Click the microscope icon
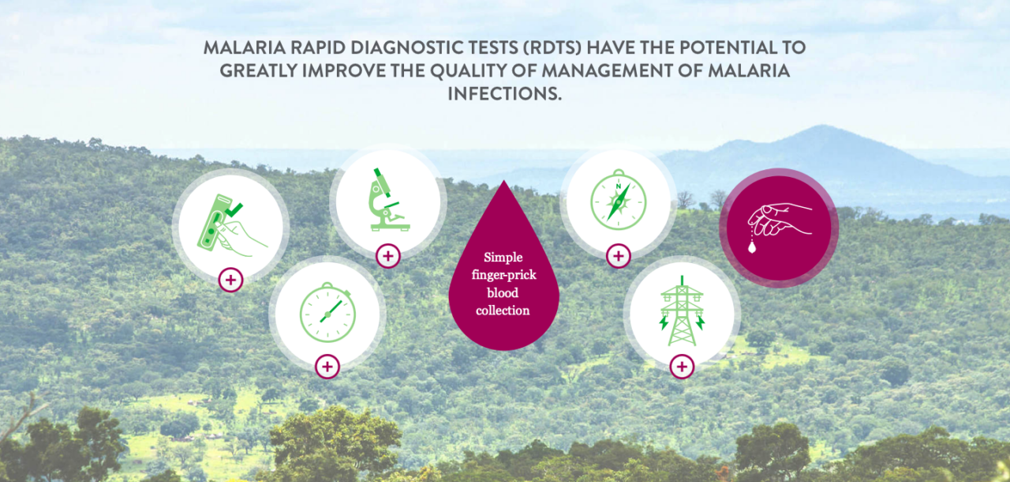389,199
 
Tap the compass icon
619,199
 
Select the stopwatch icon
327,312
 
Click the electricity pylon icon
682,311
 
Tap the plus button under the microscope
388,256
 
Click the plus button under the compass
619,256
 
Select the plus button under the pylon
682,367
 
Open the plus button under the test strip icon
231,280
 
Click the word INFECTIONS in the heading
504,94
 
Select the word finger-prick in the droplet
503,275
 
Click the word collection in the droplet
503,311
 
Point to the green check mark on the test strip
234,209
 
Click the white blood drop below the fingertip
752,247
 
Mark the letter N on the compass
619,186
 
